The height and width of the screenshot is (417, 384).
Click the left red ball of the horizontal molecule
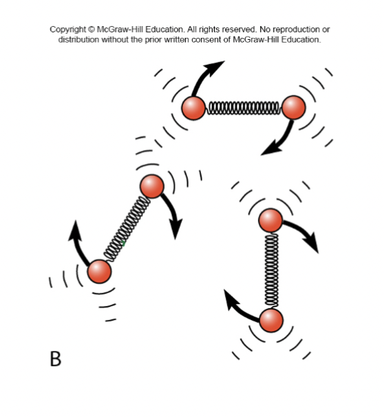click(193, 107)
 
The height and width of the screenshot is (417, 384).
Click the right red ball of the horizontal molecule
click(294, 107)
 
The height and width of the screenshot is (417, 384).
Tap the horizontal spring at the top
click(244, 107)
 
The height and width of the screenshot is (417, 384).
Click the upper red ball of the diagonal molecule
click(151, 186)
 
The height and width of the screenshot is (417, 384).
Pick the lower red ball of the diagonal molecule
click(99, 271)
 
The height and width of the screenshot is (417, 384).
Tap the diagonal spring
click(125, 228)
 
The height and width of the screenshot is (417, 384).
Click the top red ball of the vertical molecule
click(270, 220)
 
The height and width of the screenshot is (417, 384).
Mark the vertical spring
click(271, 270)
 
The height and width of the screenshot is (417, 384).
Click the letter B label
click(56, 359)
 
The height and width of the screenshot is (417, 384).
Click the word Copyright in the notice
click(70, 30)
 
